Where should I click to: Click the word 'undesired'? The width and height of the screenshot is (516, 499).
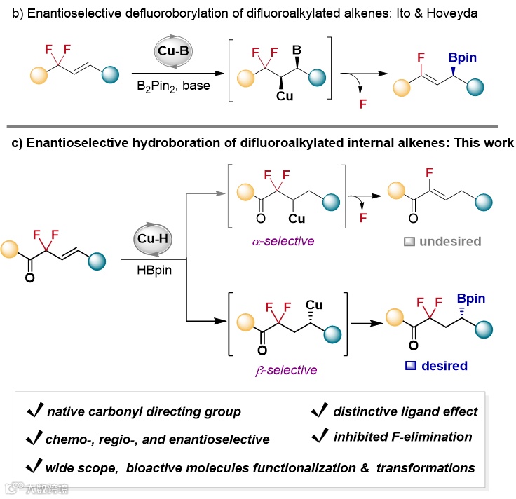[450, 241]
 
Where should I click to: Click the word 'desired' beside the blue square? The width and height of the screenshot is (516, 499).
[444, 365]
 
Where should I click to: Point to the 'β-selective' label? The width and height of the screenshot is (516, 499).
[287, 369]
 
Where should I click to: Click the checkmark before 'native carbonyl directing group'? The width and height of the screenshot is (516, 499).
[32, 411]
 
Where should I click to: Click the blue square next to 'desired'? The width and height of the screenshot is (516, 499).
[410, 365]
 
